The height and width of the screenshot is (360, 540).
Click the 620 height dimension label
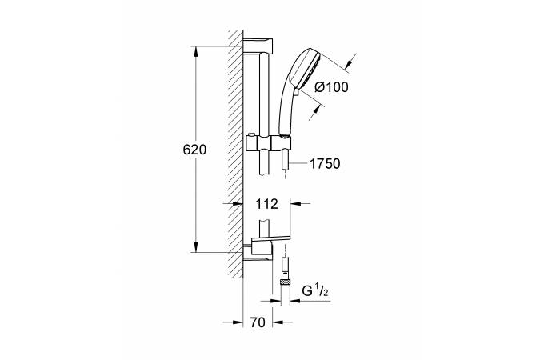[194, 150]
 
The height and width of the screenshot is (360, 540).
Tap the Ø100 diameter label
[332, 87]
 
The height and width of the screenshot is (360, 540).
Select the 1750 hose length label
[325, 164]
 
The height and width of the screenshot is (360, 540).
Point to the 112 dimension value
[266, 204]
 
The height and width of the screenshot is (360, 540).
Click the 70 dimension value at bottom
[258, 322]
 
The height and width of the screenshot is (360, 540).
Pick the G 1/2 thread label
[315, 291]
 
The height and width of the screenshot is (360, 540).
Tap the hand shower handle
[286, 110]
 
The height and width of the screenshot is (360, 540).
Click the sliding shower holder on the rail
[269, 143]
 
